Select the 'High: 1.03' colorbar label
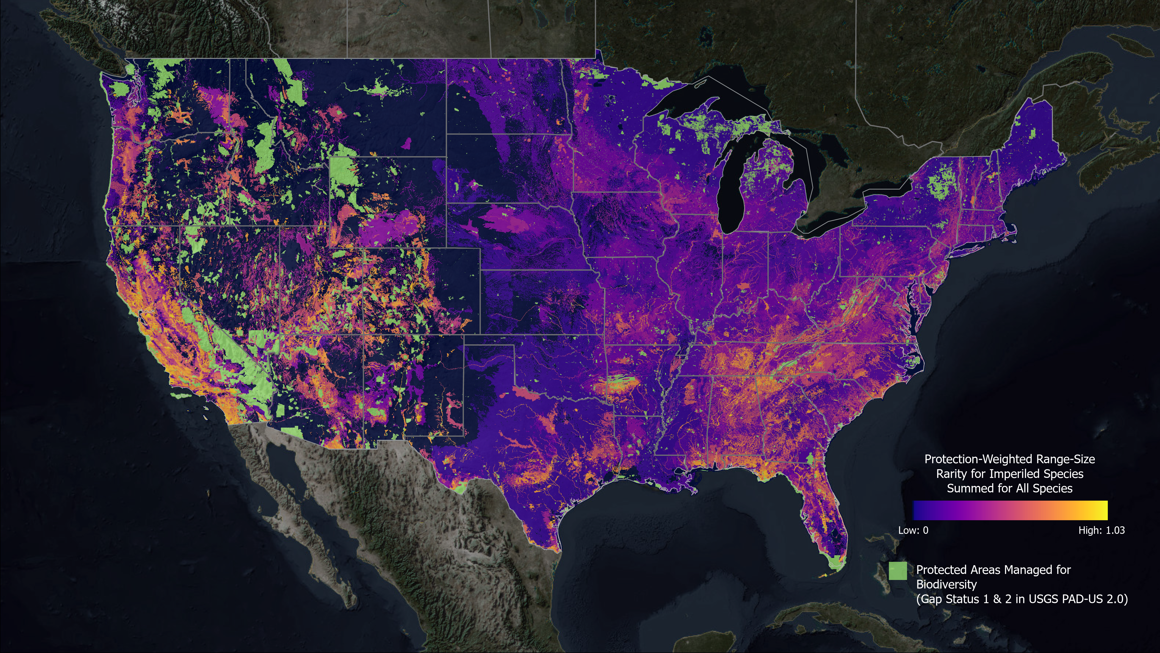[x=1102, y=530]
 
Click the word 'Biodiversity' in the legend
[x=946, y=585]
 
